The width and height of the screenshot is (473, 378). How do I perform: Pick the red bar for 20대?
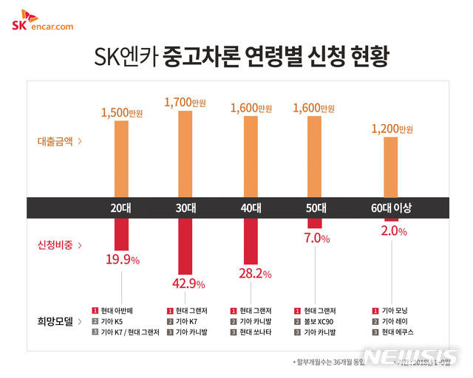coord(121,234)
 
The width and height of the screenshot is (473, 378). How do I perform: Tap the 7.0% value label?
coord(315,239)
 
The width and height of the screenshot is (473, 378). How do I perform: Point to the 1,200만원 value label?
coord(391,128)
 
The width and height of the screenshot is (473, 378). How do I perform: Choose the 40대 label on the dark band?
coord(252,208)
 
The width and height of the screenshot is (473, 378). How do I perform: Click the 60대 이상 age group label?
coord(391,208)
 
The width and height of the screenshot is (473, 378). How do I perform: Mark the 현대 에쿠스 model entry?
coord(394,332)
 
